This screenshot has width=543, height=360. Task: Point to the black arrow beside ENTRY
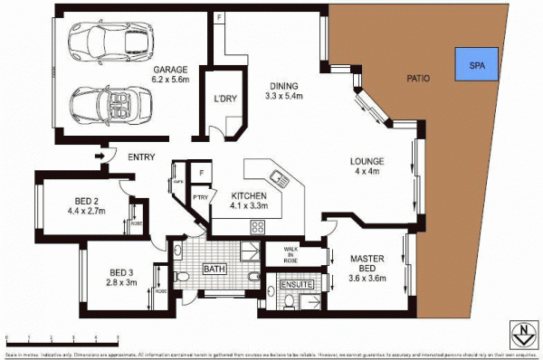[x=100, y=157]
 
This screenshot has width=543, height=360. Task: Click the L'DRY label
[x=225, y=99]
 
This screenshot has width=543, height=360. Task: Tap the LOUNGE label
[x=368, y=163]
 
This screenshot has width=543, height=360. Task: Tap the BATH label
[x=214, y=269]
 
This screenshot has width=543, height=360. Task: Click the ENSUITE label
[x=296, y=285]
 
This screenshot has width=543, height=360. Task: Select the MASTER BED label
[x=368, y=263]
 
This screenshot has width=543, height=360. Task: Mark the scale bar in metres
[x=63, y=336]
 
